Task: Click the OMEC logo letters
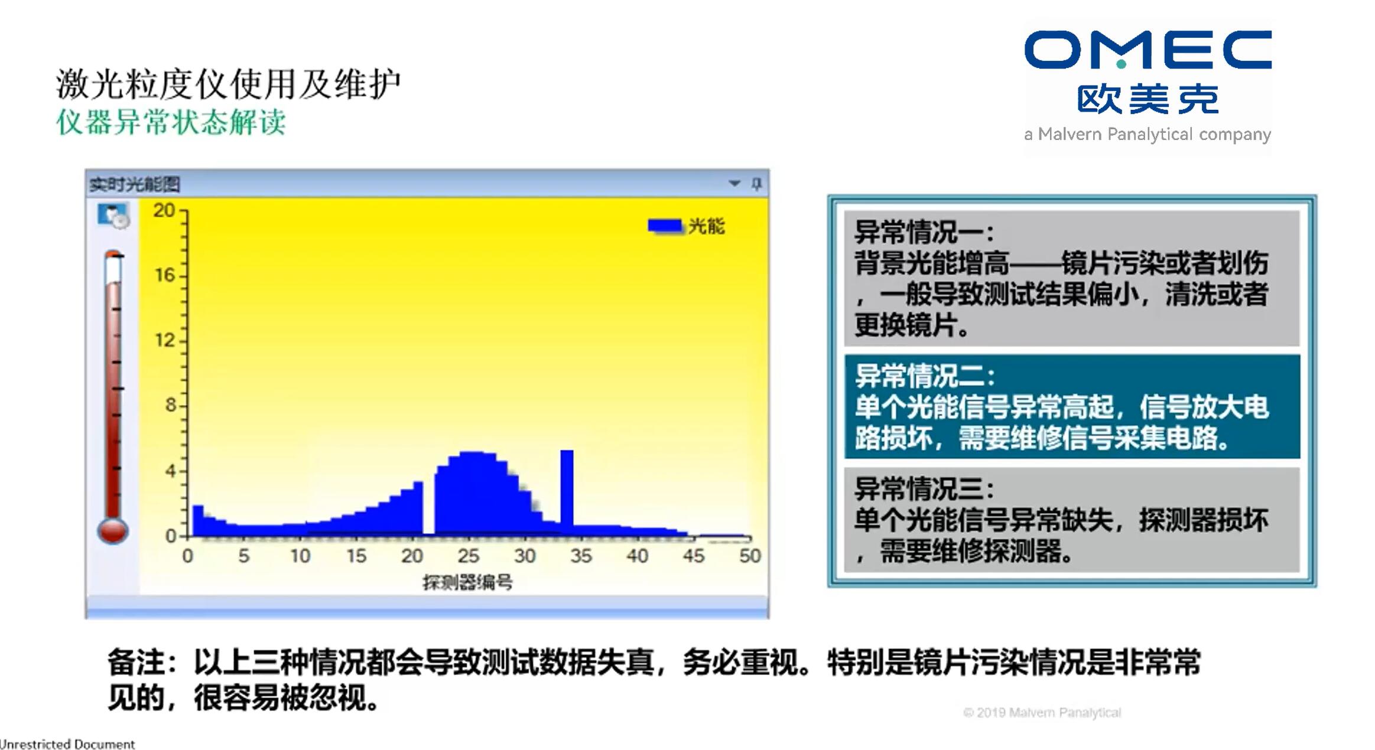pyautogui.click(x=1148, y=50)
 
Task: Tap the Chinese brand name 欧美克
pyautogui.click(x=1148, y=99)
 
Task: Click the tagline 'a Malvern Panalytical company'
pyautogui.click(x=1148, y=135)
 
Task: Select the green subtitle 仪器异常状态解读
pyautogui.click(x=171, y=123)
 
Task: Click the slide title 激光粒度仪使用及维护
pyautogui.click(x=228, y=83)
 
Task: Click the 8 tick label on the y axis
pyautogui.click(x=170, y=405)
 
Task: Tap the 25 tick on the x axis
pyautogui.click(x=469, y=556)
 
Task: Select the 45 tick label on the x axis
pyautogui.click(x=694, y=556)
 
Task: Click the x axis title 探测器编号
pyautogui.click(x=467, y=583)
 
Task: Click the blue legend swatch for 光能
pyautogui.click(x=665, y=226)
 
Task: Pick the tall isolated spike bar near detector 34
pyautogui.click(x=567, y=493)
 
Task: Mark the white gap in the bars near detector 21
pyautogui.click(x=429, y=507)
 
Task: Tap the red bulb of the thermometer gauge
pyautogui.click(x=113, y=530)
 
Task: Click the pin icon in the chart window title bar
pyautogui.click(x=756, y=184)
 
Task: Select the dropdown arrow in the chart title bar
pyautogui.click(x=734, y=184)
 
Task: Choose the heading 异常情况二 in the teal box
pyautogui.click(x=924, y=376)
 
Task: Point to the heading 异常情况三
pyautogui.click(x=924, y=489)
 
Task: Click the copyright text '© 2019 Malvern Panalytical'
pyautogui.click(x=1042, y=713)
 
